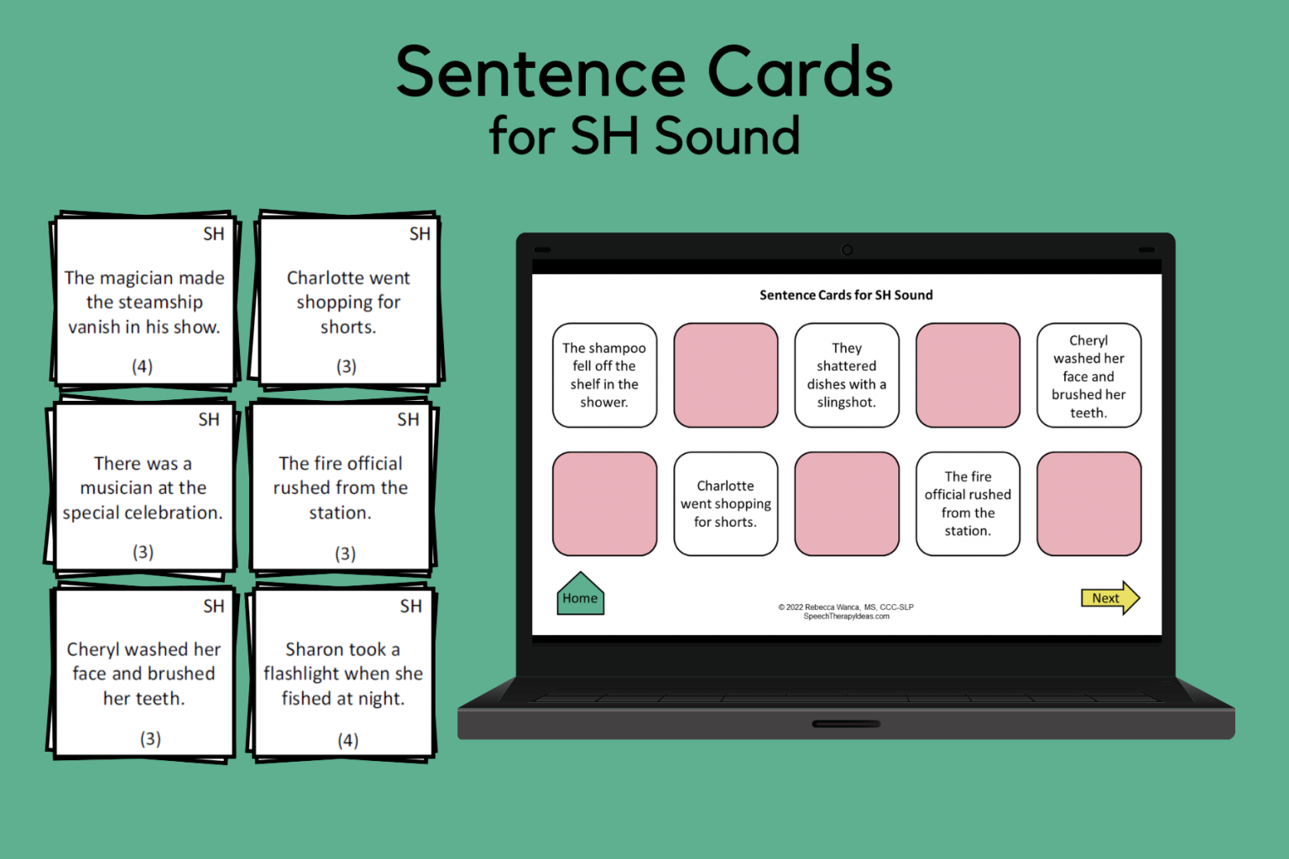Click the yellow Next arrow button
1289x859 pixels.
[x=1109, y=598]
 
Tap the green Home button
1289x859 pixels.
[x=580, y=596]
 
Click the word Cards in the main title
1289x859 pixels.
[x=799, y=72]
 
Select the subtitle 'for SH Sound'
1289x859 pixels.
[x=644, y=136]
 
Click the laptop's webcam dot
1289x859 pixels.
[x=847, y=250]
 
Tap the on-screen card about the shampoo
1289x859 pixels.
[x=604, y=375]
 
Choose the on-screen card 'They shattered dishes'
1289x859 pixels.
[x=846, y=375]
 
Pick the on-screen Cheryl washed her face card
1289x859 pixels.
[x=1088, y=376]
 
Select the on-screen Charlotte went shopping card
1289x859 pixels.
[x=725, y=503]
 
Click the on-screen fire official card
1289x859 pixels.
[x=968, y=503]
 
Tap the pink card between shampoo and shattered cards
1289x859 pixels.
[x=725, y=375]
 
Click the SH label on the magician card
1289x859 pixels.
[x=213, y=234]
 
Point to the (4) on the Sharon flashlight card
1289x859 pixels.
[x=347, y=740]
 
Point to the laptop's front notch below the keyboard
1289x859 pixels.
[x=846, y=723]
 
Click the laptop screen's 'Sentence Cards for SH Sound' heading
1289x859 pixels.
[x=846, y=295]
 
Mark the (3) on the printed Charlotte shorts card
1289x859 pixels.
[x=347, y=367]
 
